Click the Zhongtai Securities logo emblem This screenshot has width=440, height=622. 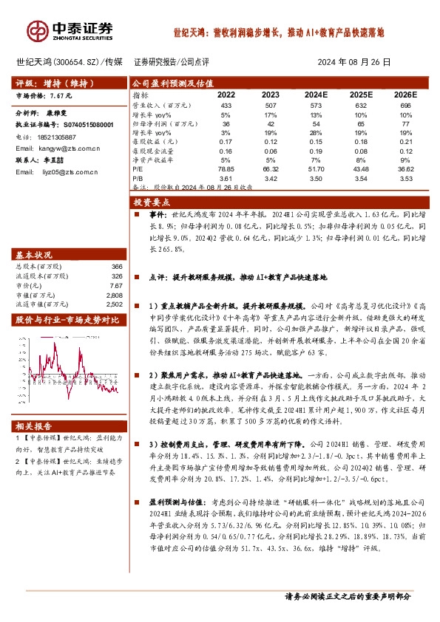[37, 30]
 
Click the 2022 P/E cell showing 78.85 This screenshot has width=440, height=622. [226, 169]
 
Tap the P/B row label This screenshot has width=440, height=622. [138, 178]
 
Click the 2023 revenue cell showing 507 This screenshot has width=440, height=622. [270, 106]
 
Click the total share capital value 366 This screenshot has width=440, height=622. [116, 266]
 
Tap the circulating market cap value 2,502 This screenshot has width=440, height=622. [113, 304]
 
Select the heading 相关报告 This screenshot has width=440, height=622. [31, 426]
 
